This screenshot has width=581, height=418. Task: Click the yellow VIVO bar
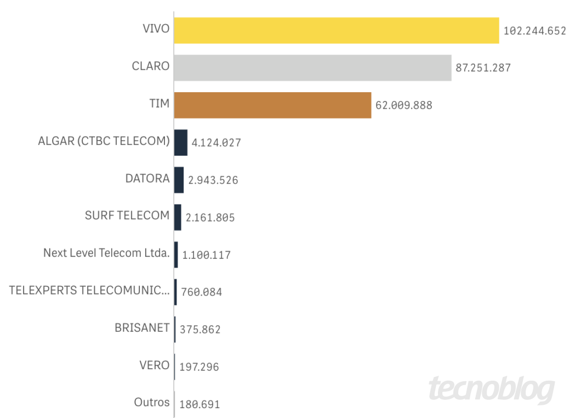(337, 30)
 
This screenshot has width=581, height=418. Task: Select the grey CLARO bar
(312, 67)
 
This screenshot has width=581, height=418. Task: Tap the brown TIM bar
(272, 105)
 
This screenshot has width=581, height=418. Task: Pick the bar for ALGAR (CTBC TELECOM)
(181, 143)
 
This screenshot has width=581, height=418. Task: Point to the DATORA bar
(179, 180)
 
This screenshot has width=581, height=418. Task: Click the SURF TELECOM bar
(178, 217)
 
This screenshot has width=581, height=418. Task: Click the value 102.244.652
(534, 31)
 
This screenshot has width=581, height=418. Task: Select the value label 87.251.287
(483, 68)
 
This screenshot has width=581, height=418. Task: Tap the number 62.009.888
(404, 105)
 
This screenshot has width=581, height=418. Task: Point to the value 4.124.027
(217, 143)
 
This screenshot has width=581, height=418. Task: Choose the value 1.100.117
(206, 255)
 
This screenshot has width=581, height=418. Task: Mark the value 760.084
(201, 292)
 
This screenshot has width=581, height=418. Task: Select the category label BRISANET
(142, 328)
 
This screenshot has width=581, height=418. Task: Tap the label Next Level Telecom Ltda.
(106, 253)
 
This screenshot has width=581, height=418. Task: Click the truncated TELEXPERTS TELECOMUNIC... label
(89, 291)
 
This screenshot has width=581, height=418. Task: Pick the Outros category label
(152, 403)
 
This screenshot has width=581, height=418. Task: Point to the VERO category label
(155, 365)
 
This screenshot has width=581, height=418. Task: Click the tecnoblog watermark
(491, 389)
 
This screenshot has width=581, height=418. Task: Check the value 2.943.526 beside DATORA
(213, 180)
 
